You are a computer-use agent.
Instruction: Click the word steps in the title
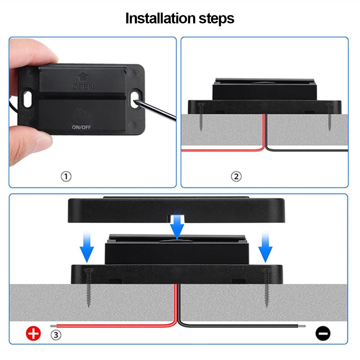(216, 19)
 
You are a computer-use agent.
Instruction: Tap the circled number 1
(66, 177)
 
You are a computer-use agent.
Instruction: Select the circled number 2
(236, 177)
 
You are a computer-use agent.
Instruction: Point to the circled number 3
(56, 335)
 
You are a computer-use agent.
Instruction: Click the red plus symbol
(33, 333)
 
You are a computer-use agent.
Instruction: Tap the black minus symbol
(323, 333)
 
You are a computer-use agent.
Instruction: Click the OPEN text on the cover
(83, 87)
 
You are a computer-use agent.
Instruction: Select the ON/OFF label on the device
(82, 127)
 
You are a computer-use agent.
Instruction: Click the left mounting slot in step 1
(28, 99)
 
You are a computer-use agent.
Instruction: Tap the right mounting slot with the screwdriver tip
(135, 99)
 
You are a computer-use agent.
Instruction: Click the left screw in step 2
(201, 117)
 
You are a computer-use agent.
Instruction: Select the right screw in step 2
(330, 117)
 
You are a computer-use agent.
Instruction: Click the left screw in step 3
(88, 288)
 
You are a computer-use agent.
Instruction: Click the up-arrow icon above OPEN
(83, 77)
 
